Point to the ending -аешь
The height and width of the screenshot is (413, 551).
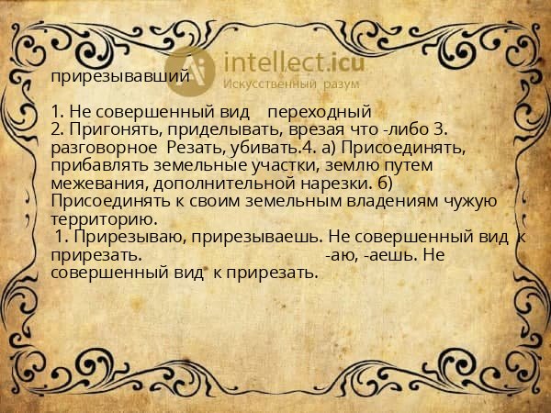point(385,254)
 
